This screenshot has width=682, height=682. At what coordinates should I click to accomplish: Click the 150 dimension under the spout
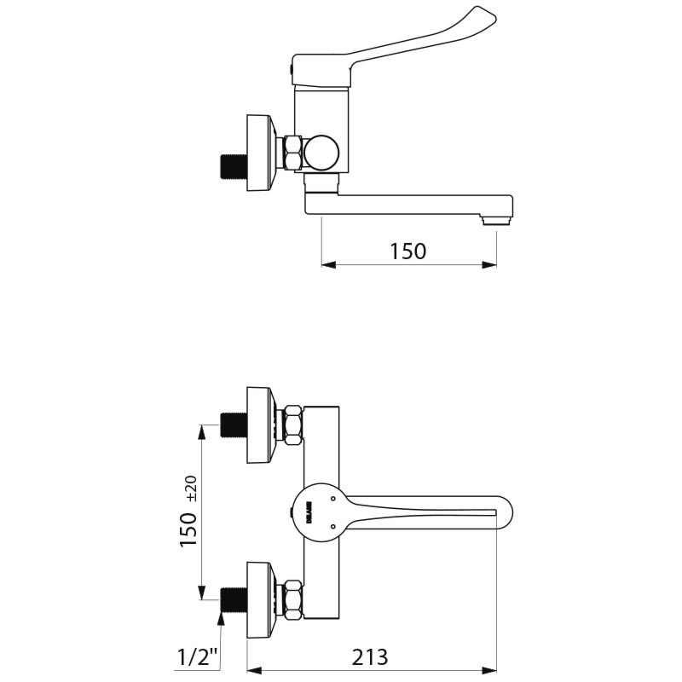pyautogui.click(x=407, y=251)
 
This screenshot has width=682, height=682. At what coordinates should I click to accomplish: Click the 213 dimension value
pyautogui.click(x=370, y=656)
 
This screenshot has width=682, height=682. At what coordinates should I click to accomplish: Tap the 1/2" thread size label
pyautogui.click(x=198, y=657)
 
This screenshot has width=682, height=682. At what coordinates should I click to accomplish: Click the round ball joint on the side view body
pyautogui.click(x=322, y=153)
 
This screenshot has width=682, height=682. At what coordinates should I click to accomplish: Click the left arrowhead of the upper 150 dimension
pyautogui.click(x=327, y=264)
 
